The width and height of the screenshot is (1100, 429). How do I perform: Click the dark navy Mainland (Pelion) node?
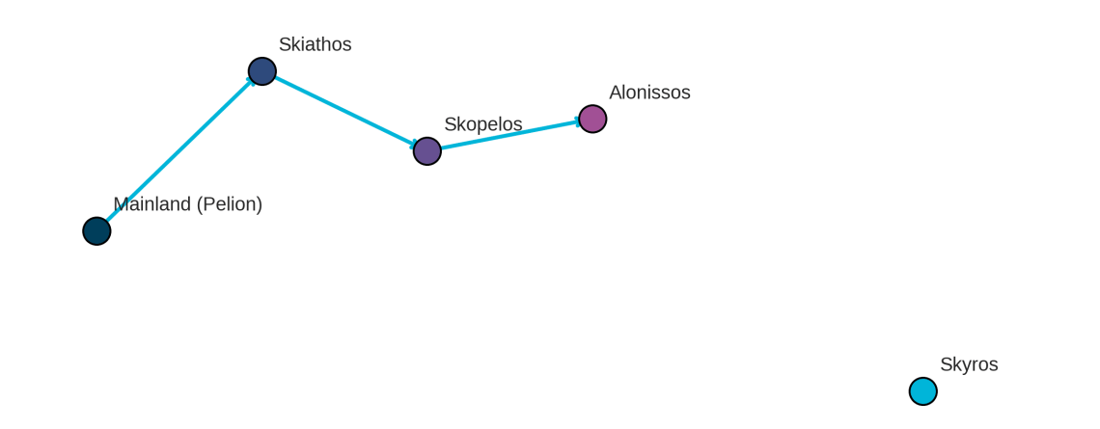96,231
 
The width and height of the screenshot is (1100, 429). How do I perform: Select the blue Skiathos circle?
262,71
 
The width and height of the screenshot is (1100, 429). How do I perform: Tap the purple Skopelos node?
427,151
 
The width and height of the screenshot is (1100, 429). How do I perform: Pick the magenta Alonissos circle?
592,120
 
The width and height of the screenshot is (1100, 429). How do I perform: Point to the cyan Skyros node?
923,391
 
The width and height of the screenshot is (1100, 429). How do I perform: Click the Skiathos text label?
315,44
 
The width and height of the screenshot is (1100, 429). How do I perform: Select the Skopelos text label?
483,124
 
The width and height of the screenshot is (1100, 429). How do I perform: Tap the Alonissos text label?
649,93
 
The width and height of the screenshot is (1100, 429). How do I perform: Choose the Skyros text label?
969,364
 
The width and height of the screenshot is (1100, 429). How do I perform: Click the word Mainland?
152,204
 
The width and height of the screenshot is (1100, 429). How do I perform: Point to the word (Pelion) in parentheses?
230,204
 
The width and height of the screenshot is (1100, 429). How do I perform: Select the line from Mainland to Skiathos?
179,151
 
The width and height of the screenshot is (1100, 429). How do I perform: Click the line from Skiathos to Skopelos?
345,112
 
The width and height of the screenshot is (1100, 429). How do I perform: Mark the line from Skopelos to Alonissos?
510,135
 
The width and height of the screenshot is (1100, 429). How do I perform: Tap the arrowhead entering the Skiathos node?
251,82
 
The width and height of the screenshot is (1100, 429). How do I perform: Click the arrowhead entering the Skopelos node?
415,146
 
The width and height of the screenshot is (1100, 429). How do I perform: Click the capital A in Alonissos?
616,93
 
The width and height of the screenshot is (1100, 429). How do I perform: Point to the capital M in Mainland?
121,204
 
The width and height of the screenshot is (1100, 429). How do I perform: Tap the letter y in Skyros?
965,367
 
